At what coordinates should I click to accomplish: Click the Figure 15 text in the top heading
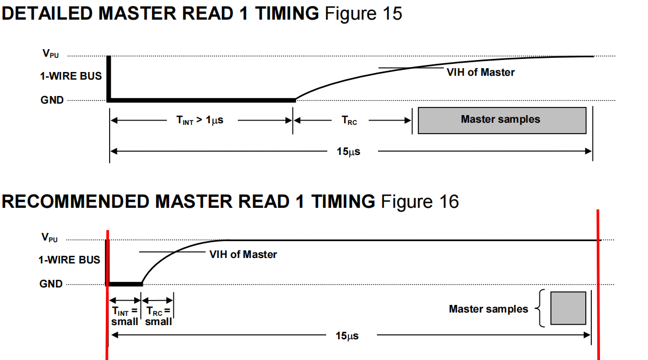363,13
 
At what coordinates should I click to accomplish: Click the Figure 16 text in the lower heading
419,202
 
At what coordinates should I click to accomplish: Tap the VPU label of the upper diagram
51,53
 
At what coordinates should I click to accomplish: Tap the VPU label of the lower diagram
50,237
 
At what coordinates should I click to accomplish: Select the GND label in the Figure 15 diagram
52,100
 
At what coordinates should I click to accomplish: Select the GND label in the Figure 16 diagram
51,284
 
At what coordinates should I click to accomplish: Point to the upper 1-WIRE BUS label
71,76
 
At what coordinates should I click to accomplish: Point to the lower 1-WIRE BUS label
69,260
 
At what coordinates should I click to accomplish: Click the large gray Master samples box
502,121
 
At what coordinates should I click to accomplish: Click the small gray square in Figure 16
568,308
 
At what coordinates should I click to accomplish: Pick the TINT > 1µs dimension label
200,121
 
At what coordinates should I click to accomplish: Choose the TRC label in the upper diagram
349,121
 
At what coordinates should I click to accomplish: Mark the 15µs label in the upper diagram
349,152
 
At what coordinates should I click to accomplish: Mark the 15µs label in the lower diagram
347,335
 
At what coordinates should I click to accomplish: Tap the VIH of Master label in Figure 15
481,73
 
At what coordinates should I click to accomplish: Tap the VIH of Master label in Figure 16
243,255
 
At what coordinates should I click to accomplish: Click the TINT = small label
124,316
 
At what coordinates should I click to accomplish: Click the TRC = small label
158,316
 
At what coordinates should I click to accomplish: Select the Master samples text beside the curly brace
489,309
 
